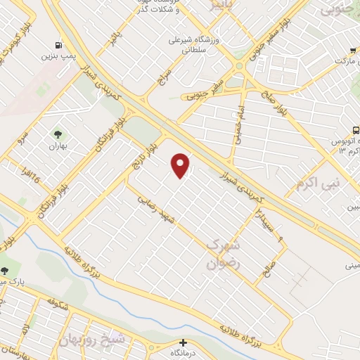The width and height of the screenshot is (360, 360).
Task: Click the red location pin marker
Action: click(181, 165)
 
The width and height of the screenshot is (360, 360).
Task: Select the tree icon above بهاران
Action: click(57, 134)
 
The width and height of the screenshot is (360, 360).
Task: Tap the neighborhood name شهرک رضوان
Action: click(223, 255)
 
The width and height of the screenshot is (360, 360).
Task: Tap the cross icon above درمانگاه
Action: click(182, 342)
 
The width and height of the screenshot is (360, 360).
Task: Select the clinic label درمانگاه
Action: click(185, 354)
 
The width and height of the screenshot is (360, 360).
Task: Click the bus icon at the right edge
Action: click(356, 129)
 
